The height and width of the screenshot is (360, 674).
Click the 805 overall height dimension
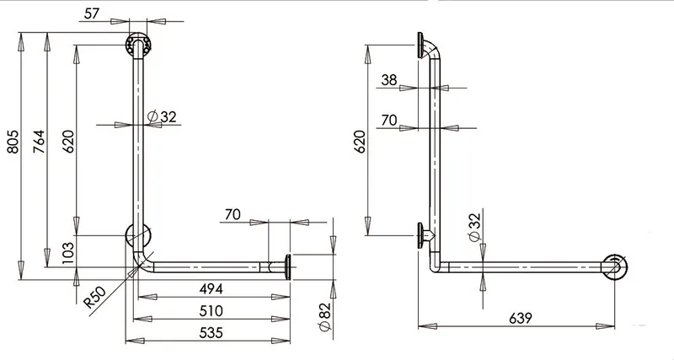pyautogui.click(x=13, y=142)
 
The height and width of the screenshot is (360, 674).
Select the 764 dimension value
pyautogui.click(x=39, y=142)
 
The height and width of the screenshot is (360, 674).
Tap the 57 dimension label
pyautogui.click(x=92, y=13)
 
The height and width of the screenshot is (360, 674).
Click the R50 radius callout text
pyautogui.click(x=94, y=297)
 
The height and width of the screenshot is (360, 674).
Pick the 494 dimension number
pyautogui.click(x=211, y=288)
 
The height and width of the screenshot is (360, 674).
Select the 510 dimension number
pyautogui.click(x=211, y=310)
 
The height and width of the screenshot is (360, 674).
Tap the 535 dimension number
pyautogui.click(x=211, y=332)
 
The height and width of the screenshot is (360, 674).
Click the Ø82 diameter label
pyautogui.click(x=325, y=317)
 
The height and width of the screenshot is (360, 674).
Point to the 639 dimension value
pyautogui.click(x=521, y=319)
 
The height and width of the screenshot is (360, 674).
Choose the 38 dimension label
pyautogui.click(x=389, y=80)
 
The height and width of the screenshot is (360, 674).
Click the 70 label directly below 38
pyautogui.click(x=389, y=120)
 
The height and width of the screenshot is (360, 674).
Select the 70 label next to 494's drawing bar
pyautogui.click(x=233, y=214)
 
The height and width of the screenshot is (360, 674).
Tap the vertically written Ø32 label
pyautogui.click(x=474, y=227)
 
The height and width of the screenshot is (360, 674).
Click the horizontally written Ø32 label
pyautogui.click(x=162, y=116)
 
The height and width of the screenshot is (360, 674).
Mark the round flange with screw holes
pyautogui.click(x=138, y=44)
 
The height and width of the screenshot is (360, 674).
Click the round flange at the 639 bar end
pyautogui.click(x=614, y=267)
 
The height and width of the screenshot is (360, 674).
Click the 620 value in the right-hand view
pyautogui.click(x=360, y=142)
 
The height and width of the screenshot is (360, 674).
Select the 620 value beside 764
pyautogui.click(x=68, y=142)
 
